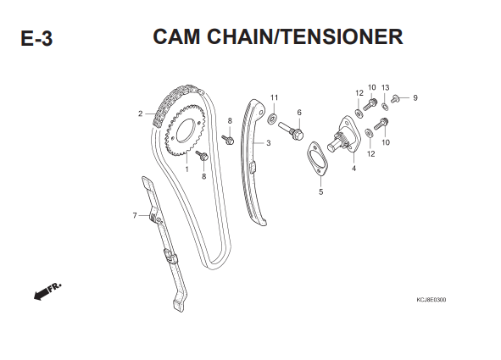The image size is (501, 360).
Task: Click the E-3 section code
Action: pyautogui.click(x=36, y=39)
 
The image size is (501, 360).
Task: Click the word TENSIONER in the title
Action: pyautogui.click(x=342, y=36)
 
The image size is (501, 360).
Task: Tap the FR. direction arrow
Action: pyautogui.click(x=47, y=291)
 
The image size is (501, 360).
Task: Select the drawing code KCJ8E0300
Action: pyautogui.click(x=431, y=300)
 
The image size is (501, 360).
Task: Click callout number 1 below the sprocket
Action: pyautogui.click(x=186, y=169)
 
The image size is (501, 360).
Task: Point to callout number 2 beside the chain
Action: pyautogui.click(x=140, y=114)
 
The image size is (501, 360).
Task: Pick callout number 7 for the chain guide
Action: pyautogui.click(x=135, y=216)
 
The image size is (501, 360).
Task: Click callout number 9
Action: pyautogui.click(x=415, y=97)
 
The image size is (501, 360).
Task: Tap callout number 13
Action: pyautogui.click(x=386, y=88)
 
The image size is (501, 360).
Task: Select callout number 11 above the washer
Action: pyautogui.click(x=274, y=97)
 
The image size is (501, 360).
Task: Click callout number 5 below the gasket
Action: pyautogui.click(x=320, y=191)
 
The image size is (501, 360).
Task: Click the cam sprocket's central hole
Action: pyautogui.click(x=186, y=131)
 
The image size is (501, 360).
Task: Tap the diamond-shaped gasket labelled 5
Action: pyautogui.click(x=317, y=159)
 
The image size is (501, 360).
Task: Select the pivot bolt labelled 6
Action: pyautogui.click(x=291, y=130)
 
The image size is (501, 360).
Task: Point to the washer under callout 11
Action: pyautogui.click(x=272, y=119)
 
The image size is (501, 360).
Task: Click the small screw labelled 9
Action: pyautogui.click(x=395, y=99)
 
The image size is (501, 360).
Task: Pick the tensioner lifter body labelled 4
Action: pyautogui.click(x=345, y=136)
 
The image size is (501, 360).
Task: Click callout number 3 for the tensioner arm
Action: pyautogui.click(x=269, y=143)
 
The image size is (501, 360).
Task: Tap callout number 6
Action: pyautogui.click(x=299, y=113)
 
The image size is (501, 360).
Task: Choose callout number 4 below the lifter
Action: pyautogui.click(x=353, y=169)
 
